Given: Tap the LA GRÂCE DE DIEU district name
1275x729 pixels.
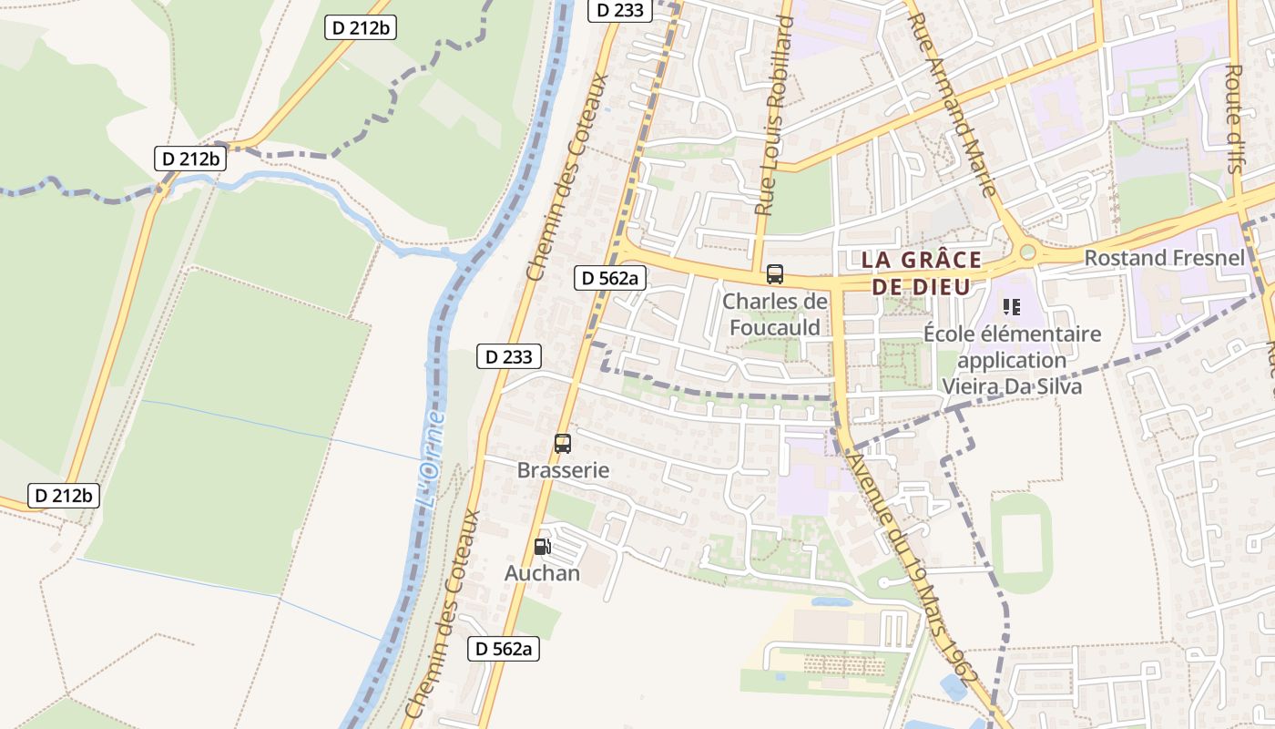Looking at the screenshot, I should pyautogui.click(x=922, y=272).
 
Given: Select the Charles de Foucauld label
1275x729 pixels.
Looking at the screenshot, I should pyautogui.click(x=774, y=314).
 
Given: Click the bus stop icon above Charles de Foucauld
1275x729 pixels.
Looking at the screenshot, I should pyautogui.click(x=774, y=274).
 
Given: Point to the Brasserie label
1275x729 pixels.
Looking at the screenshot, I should pyautogui.click(x=563, y=470).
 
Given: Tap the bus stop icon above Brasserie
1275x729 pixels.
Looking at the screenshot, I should pyautogui.click(x=563, y=444).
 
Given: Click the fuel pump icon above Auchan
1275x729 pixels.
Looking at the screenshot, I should pyautogui.click(x=542, y=547).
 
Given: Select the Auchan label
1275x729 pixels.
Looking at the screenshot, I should pyautogui.click(x=542, y=573).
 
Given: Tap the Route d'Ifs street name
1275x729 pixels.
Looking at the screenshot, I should pyautogui.click(x=1234, y=118).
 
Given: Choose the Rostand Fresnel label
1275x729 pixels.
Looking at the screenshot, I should pyautogui.click(x=1163, y=258).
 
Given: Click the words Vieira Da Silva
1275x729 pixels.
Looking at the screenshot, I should pyautogui.click(x=1012, y=385).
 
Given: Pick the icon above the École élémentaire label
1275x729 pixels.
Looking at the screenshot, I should pyautogui.click(x=1011, y=307).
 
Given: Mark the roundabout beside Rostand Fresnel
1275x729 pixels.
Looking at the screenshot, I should pyautogui.click(x=1028, y=252).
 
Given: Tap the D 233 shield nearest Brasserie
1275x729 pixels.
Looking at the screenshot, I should pyautogui.click(x=509, y=356).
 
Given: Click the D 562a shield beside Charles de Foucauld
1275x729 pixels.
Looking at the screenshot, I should pyautogui.click(x=609, y=278).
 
